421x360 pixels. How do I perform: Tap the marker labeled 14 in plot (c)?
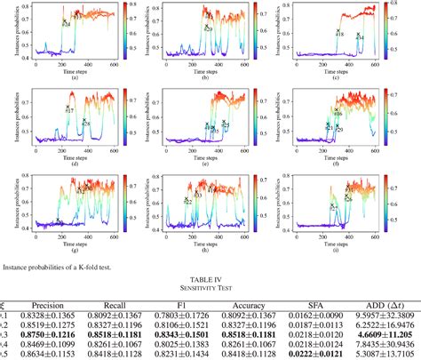357,36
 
